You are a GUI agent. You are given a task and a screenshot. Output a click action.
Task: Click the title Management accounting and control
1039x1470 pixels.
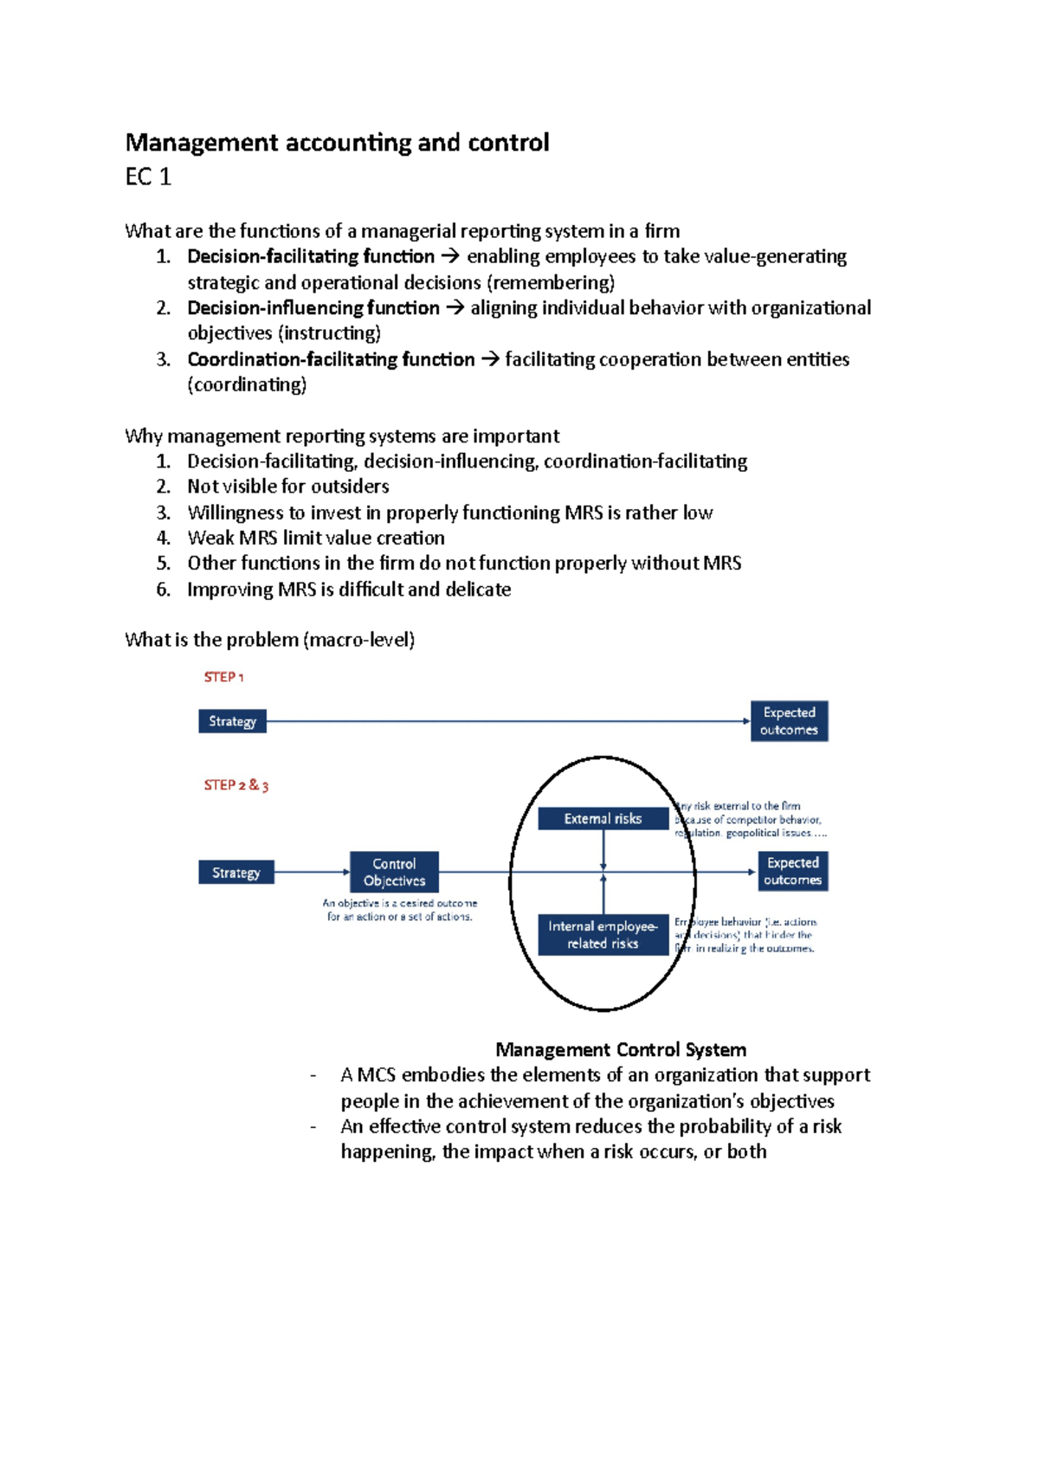coord(337,143)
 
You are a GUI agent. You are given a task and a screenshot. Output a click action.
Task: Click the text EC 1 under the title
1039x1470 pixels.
coord(148,177)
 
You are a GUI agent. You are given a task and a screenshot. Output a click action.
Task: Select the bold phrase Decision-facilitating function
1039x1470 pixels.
coord(311,256)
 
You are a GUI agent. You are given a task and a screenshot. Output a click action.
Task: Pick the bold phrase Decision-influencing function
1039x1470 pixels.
coord(313,308)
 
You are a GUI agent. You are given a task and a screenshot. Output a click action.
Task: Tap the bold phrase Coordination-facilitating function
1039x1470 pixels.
coord(331,359)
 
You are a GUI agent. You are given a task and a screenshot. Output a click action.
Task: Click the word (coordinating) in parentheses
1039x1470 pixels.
coord(247,385)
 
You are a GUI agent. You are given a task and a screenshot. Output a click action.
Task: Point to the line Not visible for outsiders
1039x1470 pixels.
coord(287,487)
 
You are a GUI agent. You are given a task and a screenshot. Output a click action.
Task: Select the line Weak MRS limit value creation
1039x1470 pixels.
coord(316,538)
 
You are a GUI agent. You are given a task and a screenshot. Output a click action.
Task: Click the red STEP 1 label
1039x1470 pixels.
coord(223,677)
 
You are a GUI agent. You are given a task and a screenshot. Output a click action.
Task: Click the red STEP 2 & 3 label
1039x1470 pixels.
coord(236,785)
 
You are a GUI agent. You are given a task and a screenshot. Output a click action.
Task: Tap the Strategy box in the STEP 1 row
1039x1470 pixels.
coord(232,721)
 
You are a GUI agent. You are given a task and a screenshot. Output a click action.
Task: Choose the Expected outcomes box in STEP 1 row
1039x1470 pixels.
coord(789,721)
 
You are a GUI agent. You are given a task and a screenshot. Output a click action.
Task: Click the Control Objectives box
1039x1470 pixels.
coord(394,872)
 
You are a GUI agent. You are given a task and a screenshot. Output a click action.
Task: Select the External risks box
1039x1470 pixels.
coord(603,818)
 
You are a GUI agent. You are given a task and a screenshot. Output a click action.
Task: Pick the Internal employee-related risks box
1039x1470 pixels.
coord(603,935)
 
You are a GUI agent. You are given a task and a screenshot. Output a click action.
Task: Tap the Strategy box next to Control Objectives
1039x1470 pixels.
coord(236,873)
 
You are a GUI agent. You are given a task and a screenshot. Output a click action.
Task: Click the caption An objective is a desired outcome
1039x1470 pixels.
coord(399,903)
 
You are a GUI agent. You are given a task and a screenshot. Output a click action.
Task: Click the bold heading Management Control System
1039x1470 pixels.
coord(620,1050)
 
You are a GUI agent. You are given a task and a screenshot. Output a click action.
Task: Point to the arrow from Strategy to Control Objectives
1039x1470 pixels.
coord(312,872)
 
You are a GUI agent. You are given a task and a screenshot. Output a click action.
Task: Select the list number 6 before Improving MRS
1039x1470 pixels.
coord(163,590)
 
